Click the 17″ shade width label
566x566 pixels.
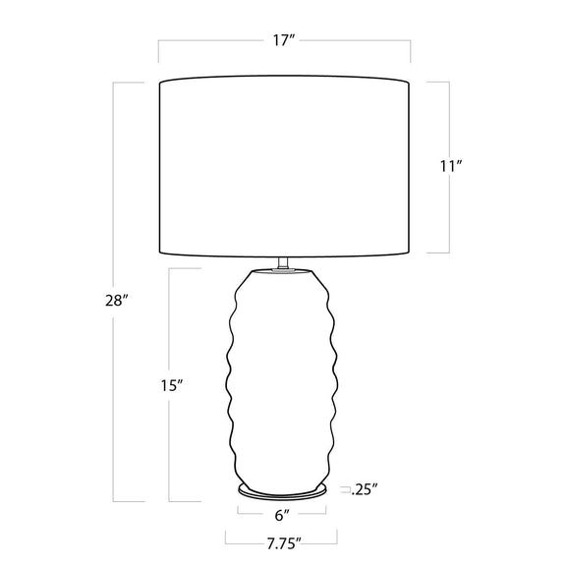pyautogui.click(x=284, y=40)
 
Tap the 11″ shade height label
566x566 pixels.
pyautogui.click(x=451, y=166)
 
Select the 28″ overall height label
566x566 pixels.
pyautogui.click(x=117, y=301)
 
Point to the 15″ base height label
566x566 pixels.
pyautogui.click(x=173, y=386)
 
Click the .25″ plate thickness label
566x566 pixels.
pyautogui.click(x=366, y=489)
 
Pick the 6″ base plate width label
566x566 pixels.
pyautogui.click(x=282, y=516)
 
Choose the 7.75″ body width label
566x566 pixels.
pyautogui.click(x=284, y=544)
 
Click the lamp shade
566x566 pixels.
pyautogui.click(x=284, y=166)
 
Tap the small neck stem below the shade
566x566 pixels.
pyautogui.click(x=283, y=262)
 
